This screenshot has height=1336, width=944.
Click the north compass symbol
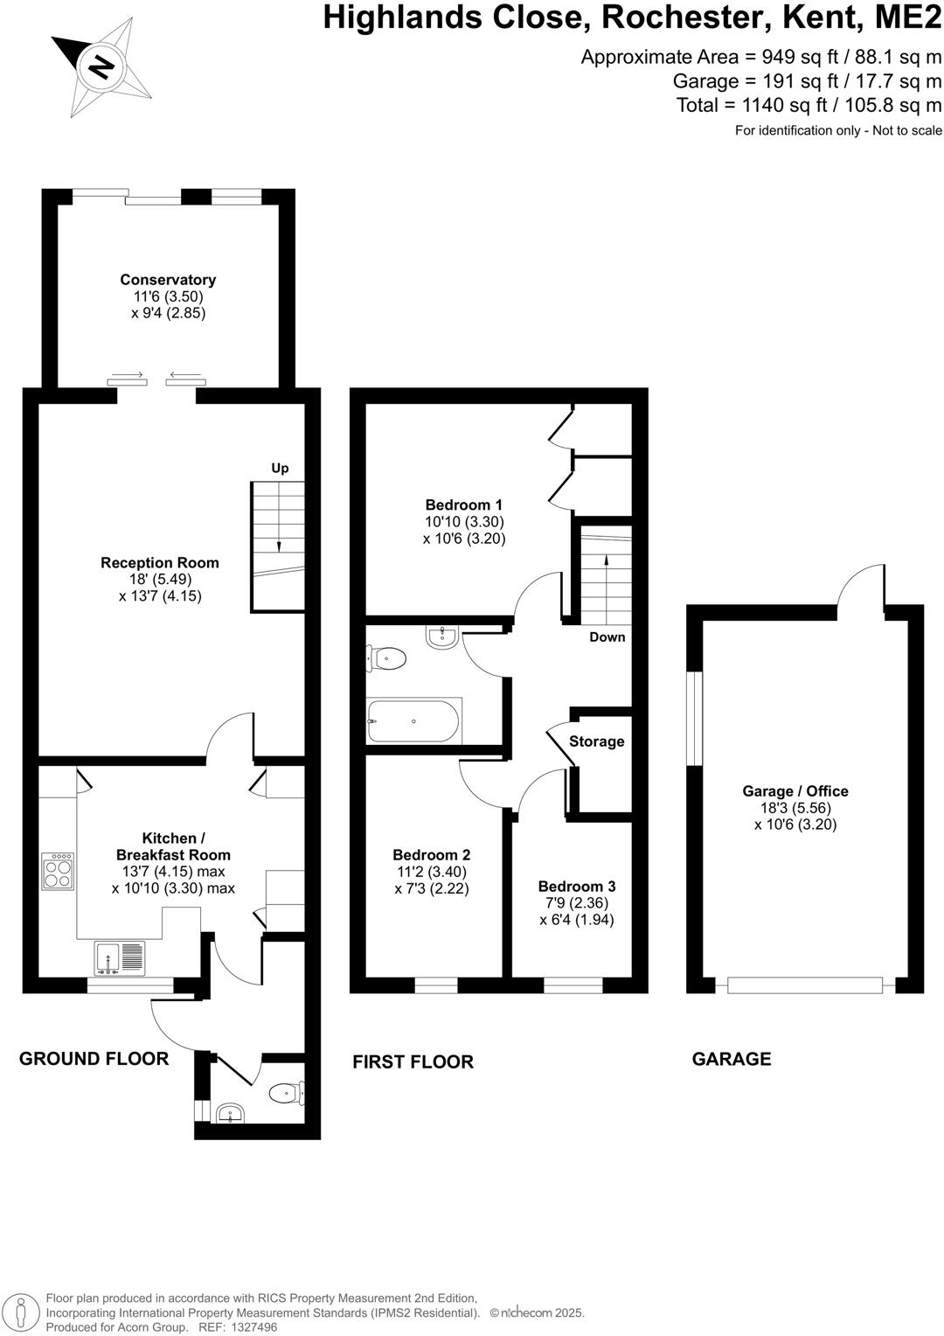[103, 66]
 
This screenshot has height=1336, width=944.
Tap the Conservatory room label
[168, 280]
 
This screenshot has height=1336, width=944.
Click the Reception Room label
[160, 563]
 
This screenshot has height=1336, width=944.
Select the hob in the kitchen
[58, 872]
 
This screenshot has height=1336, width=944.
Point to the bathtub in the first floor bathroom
[414, 721]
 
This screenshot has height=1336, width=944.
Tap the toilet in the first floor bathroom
[386, 658]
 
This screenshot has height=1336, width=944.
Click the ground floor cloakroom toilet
[287, 1093]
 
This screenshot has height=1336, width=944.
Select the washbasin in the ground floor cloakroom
[230, 1113]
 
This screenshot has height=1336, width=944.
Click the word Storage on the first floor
[596, 741]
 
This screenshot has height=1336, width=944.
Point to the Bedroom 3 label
[577, 887]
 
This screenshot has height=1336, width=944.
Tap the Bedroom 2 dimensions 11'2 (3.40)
[431, 872]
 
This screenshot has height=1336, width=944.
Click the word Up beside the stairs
[280, 469]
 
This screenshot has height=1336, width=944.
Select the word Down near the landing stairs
[607, 637]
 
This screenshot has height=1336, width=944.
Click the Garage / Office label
[795, 791]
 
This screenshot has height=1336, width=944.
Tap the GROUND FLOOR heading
[94, 1059]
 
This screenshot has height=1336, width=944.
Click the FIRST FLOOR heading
[413, 1061]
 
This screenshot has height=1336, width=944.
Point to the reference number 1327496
[250, 1327]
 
